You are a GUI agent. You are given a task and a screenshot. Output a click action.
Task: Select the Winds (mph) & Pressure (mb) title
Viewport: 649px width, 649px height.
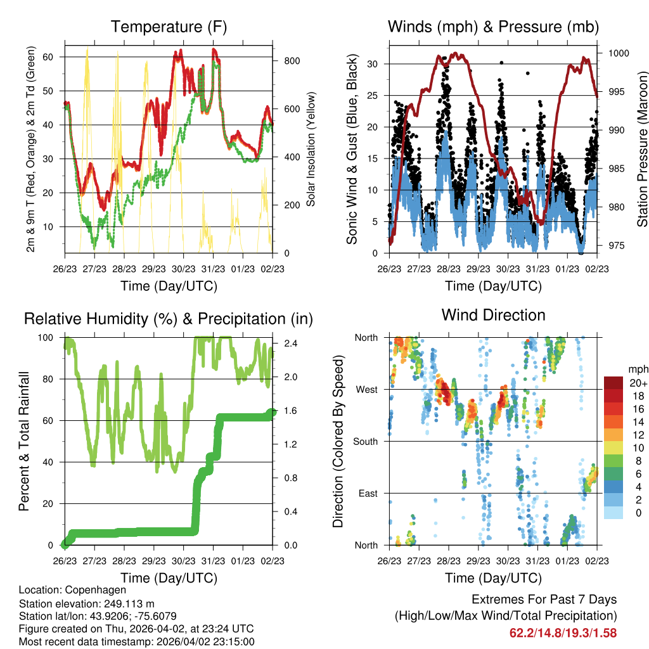coord(493,27)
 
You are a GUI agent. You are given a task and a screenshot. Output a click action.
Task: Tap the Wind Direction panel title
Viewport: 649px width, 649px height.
coord(493,315)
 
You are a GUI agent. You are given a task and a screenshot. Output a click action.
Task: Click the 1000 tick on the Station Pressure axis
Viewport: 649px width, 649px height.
coord(617,53)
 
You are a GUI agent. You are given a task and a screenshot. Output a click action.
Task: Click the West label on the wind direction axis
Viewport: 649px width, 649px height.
coord(366,389)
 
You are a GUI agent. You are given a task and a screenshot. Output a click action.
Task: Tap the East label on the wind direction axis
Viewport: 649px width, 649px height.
coord(367,493)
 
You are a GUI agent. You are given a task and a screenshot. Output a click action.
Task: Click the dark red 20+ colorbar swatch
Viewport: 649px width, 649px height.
coord(613,383)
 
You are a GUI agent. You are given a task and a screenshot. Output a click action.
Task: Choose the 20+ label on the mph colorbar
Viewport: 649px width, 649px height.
coord(637,383)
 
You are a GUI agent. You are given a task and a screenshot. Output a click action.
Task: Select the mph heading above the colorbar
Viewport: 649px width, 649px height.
coord(637,369)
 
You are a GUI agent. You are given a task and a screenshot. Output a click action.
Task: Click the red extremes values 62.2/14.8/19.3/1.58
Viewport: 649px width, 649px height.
coord(563,633)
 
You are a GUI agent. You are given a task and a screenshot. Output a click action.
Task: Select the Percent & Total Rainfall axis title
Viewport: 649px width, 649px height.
coord(25,441)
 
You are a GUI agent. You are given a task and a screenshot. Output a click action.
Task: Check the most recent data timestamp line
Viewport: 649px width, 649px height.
coord(137,641)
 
